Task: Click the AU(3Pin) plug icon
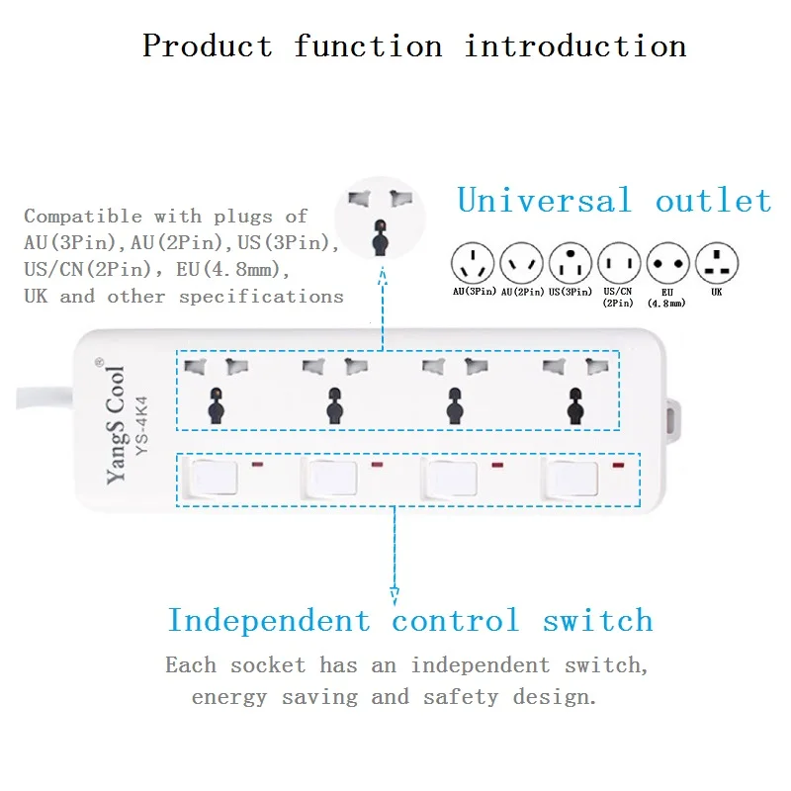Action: click(x=473, y=263)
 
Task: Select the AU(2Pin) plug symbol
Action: click(x=521, y=263)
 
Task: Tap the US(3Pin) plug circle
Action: click(x=571, y=263)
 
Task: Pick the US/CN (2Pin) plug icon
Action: click(x=619, y=263)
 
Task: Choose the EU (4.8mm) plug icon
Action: click(x=668, y=263)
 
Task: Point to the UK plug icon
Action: click(x=717, y=263)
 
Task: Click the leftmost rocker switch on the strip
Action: click(x=212, y=478)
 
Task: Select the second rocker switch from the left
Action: click(x=330, y=478)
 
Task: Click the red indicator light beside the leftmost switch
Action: click(x=257, y=464)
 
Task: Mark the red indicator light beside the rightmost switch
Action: click(x=618, y=465)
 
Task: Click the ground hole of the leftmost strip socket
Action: click(x=216, y=405)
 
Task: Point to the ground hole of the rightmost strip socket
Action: click(x=575, y=405)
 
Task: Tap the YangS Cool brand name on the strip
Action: click(x=115, y=425)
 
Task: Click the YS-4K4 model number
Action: click(x=141, y=426)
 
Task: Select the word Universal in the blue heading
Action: click(x=545, y=201)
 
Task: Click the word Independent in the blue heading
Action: click(x=269, y=621)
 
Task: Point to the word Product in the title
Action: click(x=208, y=45)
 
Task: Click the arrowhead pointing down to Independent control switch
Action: click(x=395, y=596)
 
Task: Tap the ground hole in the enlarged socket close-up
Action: click(x=381, y=238)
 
